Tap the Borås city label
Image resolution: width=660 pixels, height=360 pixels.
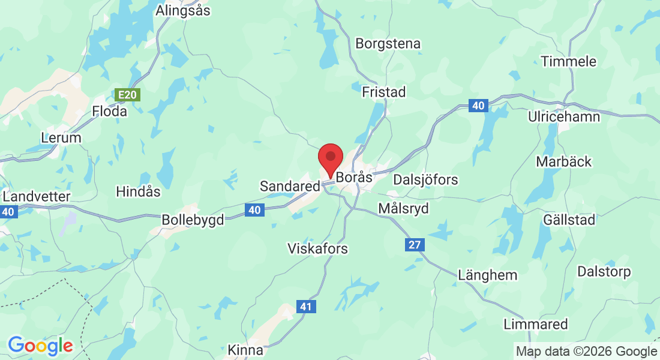click(x=355, y=178)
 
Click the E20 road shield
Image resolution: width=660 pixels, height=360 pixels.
click(x=127, y=95)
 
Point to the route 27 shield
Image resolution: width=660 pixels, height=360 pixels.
click(x=414, y=244)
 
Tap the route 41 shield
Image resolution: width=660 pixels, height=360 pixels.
click(x=306, y=307)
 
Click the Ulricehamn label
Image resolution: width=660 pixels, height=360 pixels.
click(x=563, y=116)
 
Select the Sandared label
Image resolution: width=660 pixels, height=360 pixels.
click(x=290, y=187)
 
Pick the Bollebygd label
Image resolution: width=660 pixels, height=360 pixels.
click(x=193, y=220)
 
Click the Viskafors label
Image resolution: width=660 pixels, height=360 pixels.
click(x=317, y=248)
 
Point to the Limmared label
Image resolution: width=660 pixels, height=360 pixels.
click(x=536, y=324)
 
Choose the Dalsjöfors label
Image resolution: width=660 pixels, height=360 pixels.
click(x=425, y=179)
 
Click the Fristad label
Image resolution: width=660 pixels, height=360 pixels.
click(x=384, y=92)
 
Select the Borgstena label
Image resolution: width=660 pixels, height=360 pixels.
click(x=388, y=43)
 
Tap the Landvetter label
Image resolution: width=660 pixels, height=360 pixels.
click(x=37, y=196)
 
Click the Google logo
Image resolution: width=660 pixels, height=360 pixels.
click(x=40, y=346)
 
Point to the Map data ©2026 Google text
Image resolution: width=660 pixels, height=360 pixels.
click(x=586, y=351)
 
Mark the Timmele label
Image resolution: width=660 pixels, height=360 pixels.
click(x=568, y=61)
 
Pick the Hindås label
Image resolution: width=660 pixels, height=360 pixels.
click(x=138, y=191)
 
